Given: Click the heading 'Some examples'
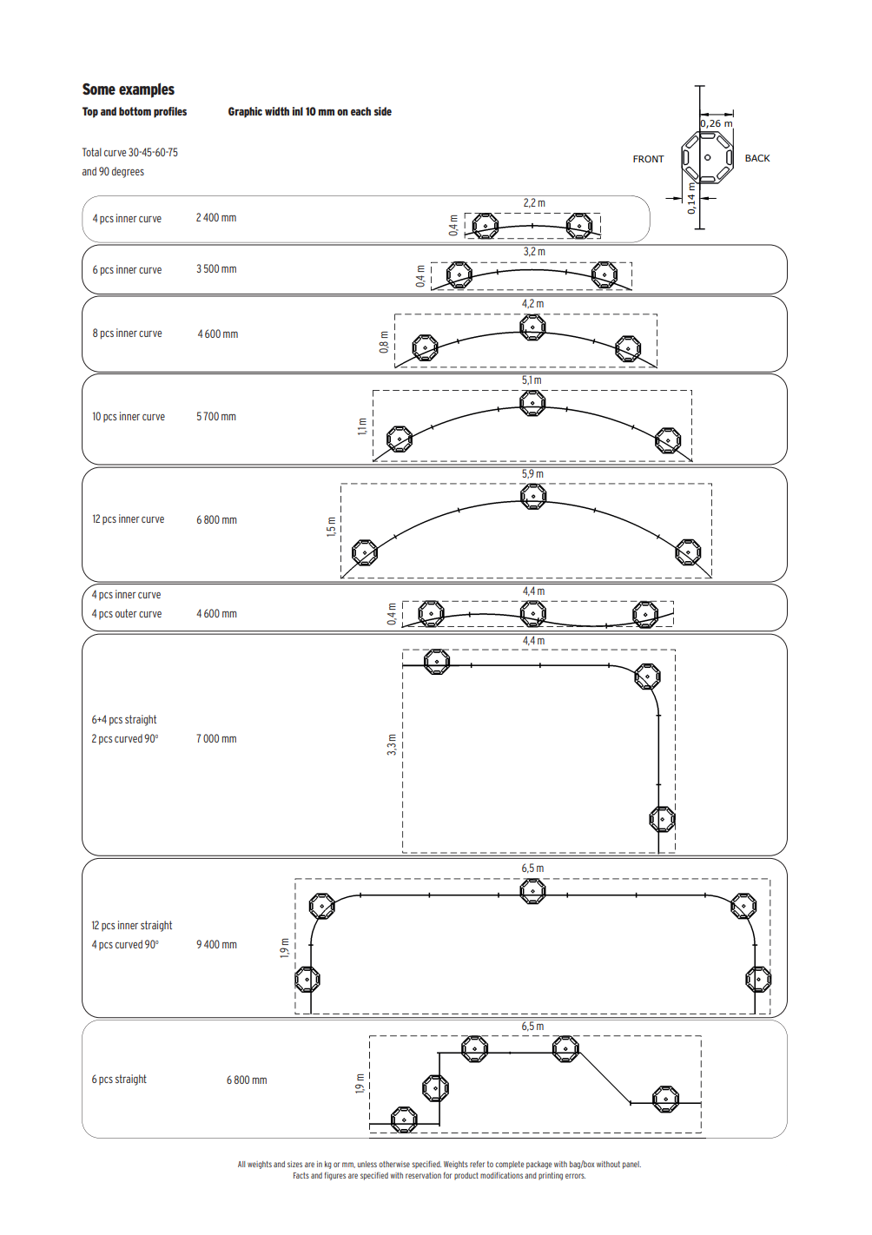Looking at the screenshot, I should point(128,89).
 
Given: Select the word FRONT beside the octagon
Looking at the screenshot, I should point(648,159).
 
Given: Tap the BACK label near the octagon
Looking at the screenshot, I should point(756,158).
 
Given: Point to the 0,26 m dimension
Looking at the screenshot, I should point(717,124).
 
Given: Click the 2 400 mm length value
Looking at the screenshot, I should point(216,218).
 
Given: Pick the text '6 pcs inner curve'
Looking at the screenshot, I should point(127,270).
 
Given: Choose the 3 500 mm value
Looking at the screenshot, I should point(216,269).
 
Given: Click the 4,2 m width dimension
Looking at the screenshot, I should point(532,304).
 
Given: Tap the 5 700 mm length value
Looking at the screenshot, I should point(216,417).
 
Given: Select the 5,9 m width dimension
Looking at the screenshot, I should point(532,474).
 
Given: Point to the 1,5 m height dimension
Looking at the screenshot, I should point(331,527).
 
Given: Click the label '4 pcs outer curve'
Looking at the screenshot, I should point(127,614).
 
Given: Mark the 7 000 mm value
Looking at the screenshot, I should point(216,739).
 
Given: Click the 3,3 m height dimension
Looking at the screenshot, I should point(392,744).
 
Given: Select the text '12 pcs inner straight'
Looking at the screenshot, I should point(132,926).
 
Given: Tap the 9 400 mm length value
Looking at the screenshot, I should point(216,945).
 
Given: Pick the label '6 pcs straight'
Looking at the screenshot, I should point(119,1080).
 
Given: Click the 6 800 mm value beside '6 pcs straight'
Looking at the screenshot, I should point(247,1080).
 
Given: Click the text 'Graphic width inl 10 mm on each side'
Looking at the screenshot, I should point(309,112).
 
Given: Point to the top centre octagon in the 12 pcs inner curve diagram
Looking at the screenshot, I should point(533,496).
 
